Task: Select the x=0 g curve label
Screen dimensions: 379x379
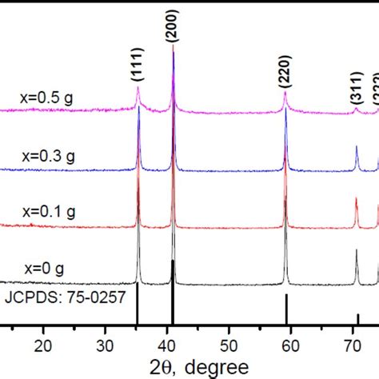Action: (44, 268)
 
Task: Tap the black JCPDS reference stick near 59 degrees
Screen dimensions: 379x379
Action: (286, 309)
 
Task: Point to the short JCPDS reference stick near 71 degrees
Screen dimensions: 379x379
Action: (358, 319)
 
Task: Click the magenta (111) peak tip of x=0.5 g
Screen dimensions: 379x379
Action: (138, 89)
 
